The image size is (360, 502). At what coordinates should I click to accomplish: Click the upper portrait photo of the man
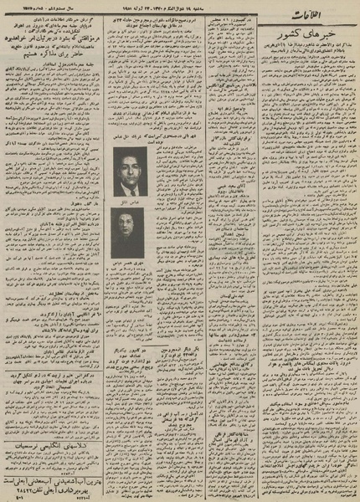tap(129, 172)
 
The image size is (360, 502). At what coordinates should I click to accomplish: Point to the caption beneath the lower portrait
tap(129, 263)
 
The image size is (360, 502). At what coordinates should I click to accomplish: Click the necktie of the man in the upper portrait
tap(129, 187)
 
